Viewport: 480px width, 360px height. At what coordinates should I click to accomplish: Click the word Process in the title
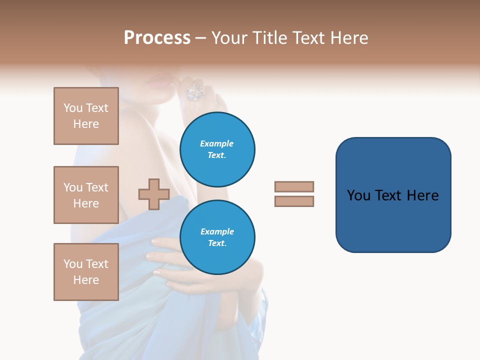(x=157, y=38)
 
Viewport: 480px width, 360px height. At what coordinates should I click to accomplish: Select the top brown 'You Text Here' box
(x=86, y=116)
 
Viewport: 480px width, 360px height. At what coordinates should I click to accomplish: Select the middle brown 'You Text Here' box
(x=86, y=195)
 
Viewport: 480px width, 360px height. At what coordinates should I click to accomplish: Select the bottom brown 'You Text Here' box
(x=86, y=271)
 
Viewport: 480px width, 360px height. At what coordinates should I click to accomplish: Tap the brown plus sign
(x=154, y=194)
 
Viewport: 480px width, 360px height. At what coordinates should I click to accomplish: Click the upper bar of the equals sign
(x=294, y=186)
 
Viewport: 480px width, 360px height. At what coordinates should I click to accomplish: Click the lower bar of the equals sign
(x=294, y=201)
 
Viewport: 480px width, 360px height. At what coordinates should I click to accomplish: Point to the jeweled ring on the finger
(x=195, y=91)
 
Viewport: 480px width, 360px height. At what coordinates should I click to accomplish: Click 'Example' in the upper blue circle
(x=217, y=143)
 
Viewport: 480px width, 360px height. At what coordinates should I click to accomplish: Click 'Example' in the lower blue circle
(x=217, y=231)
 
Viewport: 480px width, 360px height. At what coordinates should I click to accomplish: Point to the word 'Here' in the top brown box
(x=86, y=124)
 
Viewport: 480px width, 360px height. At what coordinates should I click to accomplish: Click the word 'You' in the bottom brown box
(x=73, y=264)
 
